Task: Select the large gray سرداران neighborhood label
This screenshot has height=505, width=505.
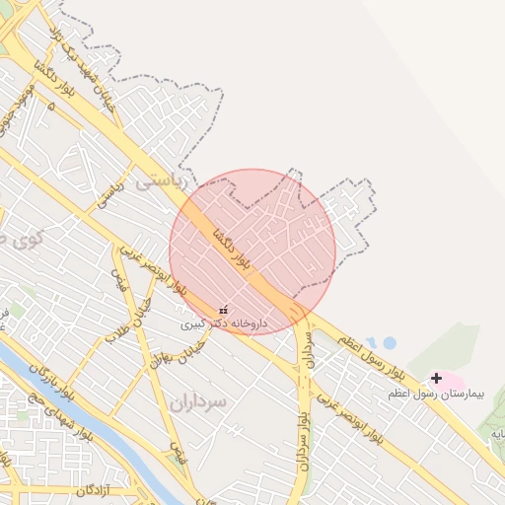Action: [x=197, y=401]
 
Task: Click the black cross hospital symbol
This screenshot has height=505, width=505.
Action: [x=436, y=378]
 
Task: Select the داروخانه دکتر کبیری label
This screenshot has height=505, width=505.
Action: [x=224, y=323]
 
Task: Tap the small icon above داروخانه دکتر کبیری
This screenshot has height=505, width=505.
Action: [x=223, y=309]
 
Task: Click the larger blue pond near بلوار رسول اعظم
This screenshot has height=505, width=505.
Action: [x=389, y=343]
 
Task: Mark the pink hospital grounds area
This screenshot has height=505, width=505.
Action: [x=450, y=381]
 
